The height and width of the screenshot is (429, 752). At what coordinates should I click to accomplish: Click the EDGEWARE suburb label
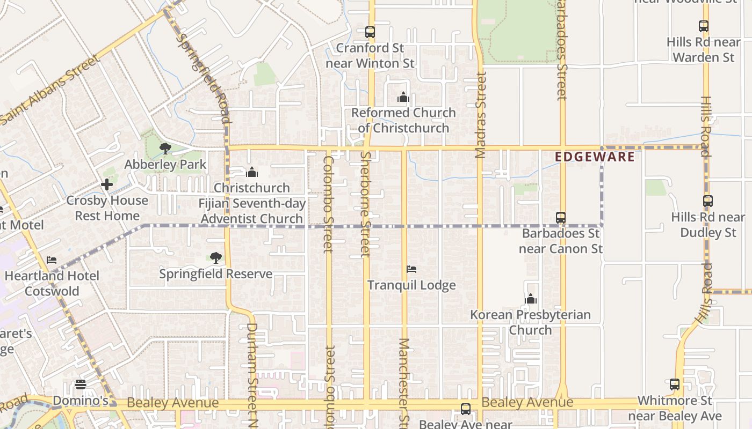tap(595, 157)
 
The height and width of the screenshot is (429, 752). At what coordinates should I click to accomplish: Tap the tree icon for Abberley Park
tap(165, 149)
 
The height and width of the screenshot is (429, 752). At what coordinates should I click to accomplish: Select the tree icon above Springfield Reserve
tap(216, 258)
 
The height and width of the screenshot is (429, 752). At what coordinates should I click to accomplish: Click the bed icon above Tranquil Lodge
tap(411, 269)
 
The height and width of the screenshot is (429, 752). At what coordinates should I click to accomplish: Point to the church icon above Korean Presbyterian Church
tap(531, 299)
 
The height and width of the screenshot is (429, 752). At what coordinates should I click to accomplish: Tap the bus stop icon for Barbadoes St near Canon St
tap(561, 218)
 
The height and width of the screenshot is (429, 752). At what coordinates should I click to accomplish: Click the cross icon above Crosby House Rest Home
tap(107, 184)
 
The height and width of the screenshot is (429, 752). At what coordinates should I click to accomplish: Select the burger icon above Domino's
tap(81, 384)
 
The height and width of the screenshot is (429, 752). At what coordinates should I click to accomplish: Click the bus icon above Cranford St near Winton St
tap(370, 32)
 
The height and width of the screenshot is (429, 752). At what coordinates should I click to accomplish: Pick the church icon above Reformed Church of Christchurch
tap(403, 97)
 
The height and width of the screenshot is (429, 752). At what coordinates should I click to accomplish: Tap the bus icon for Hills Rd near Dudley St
tap(708, 201)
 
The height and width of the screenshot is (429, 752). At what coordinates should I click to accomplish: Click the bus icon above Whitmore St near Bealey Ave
tap(675, 384)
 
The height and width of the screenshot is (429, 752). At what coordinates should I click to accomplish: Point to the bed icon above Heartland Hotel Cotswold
tap(52, 260)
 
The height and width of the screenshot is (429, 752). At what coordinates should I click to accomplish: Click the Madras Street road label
tap(480, 115)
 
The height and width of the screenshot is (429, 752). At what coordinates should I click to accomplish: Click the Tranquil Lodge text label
tap(411, 285)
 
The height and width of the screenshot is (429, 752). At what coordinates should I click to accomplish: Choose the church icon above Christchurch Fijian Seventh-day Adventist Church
tap(252, 172)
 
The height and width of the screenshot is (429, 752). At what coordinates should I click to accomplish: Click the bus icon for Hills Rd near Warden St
tap(704, 26)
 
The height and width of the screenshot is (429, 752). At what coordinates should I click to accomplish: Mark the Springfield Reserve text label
tap(216, 274)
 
